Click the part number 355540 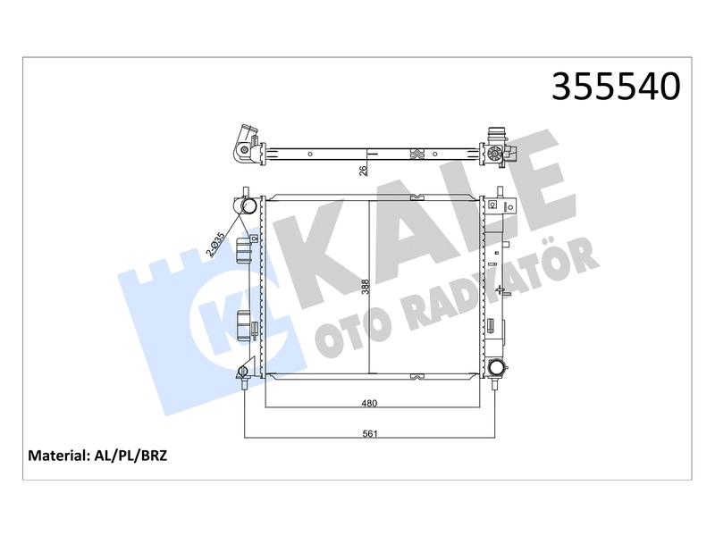point(616,87)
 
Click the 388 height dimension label point(366,287)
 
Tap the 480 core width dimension point(369,403)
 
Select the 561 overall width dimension point(370,433)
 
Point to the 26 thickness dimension point(363,171)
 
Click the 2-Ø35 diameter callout point(215,245)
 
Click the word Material point(58,456)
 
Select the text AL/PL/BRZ point(130,456)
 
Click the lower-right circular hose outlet point(495,368)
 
